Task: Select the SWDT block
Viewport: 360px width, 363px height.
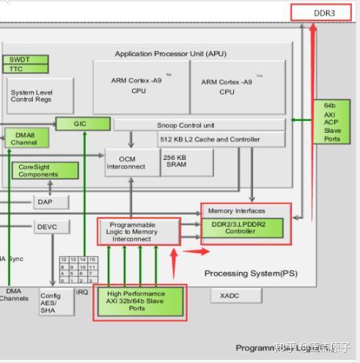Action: pyautogui.click(x=26, y=59)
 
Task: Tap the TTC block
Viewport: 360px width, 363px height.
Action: pyautogui.click(x=26, y=69)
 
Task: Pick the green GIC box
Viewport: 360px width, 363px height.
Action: pyautogui.click(x=81, y=124)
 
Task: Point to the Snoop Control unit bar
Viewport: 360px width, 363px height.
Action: pyautogui.click(x=199, y=125)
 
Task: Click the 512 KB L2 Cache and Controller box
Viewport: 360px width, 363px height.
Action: pyautogui.click(x=209, y=139)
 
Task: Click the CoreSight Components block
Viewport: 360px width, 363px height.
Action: pyautogui.click(x=43, y=170)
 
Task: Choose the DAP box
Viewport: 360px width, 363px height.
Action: pyautogui.click(x=51, y=202)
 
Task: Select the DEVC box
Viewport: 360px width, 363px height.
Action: pyautogui.click(x=52, y=227)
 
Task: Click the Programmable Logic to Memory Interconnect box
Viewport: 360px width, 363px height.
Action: pyautogui.click(x=139, y=232)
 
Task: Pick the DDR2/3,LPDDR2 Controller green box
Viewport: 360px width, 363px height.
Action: pyautogui.click(x=242, y=227)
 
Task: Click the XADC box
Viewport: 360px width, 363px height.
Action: pyautogui.click(x=235, y=296)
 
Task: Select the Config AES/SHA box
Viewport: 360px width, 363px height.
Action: pyautogui.click(x=56, y=303)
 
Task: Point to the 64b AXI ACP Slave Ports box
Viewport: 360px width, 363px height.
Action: pyautogui.click(x=332, y=122)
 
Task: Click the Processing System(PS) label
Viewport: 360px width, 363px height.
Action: pyautogui.click(x=251, y=274)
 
